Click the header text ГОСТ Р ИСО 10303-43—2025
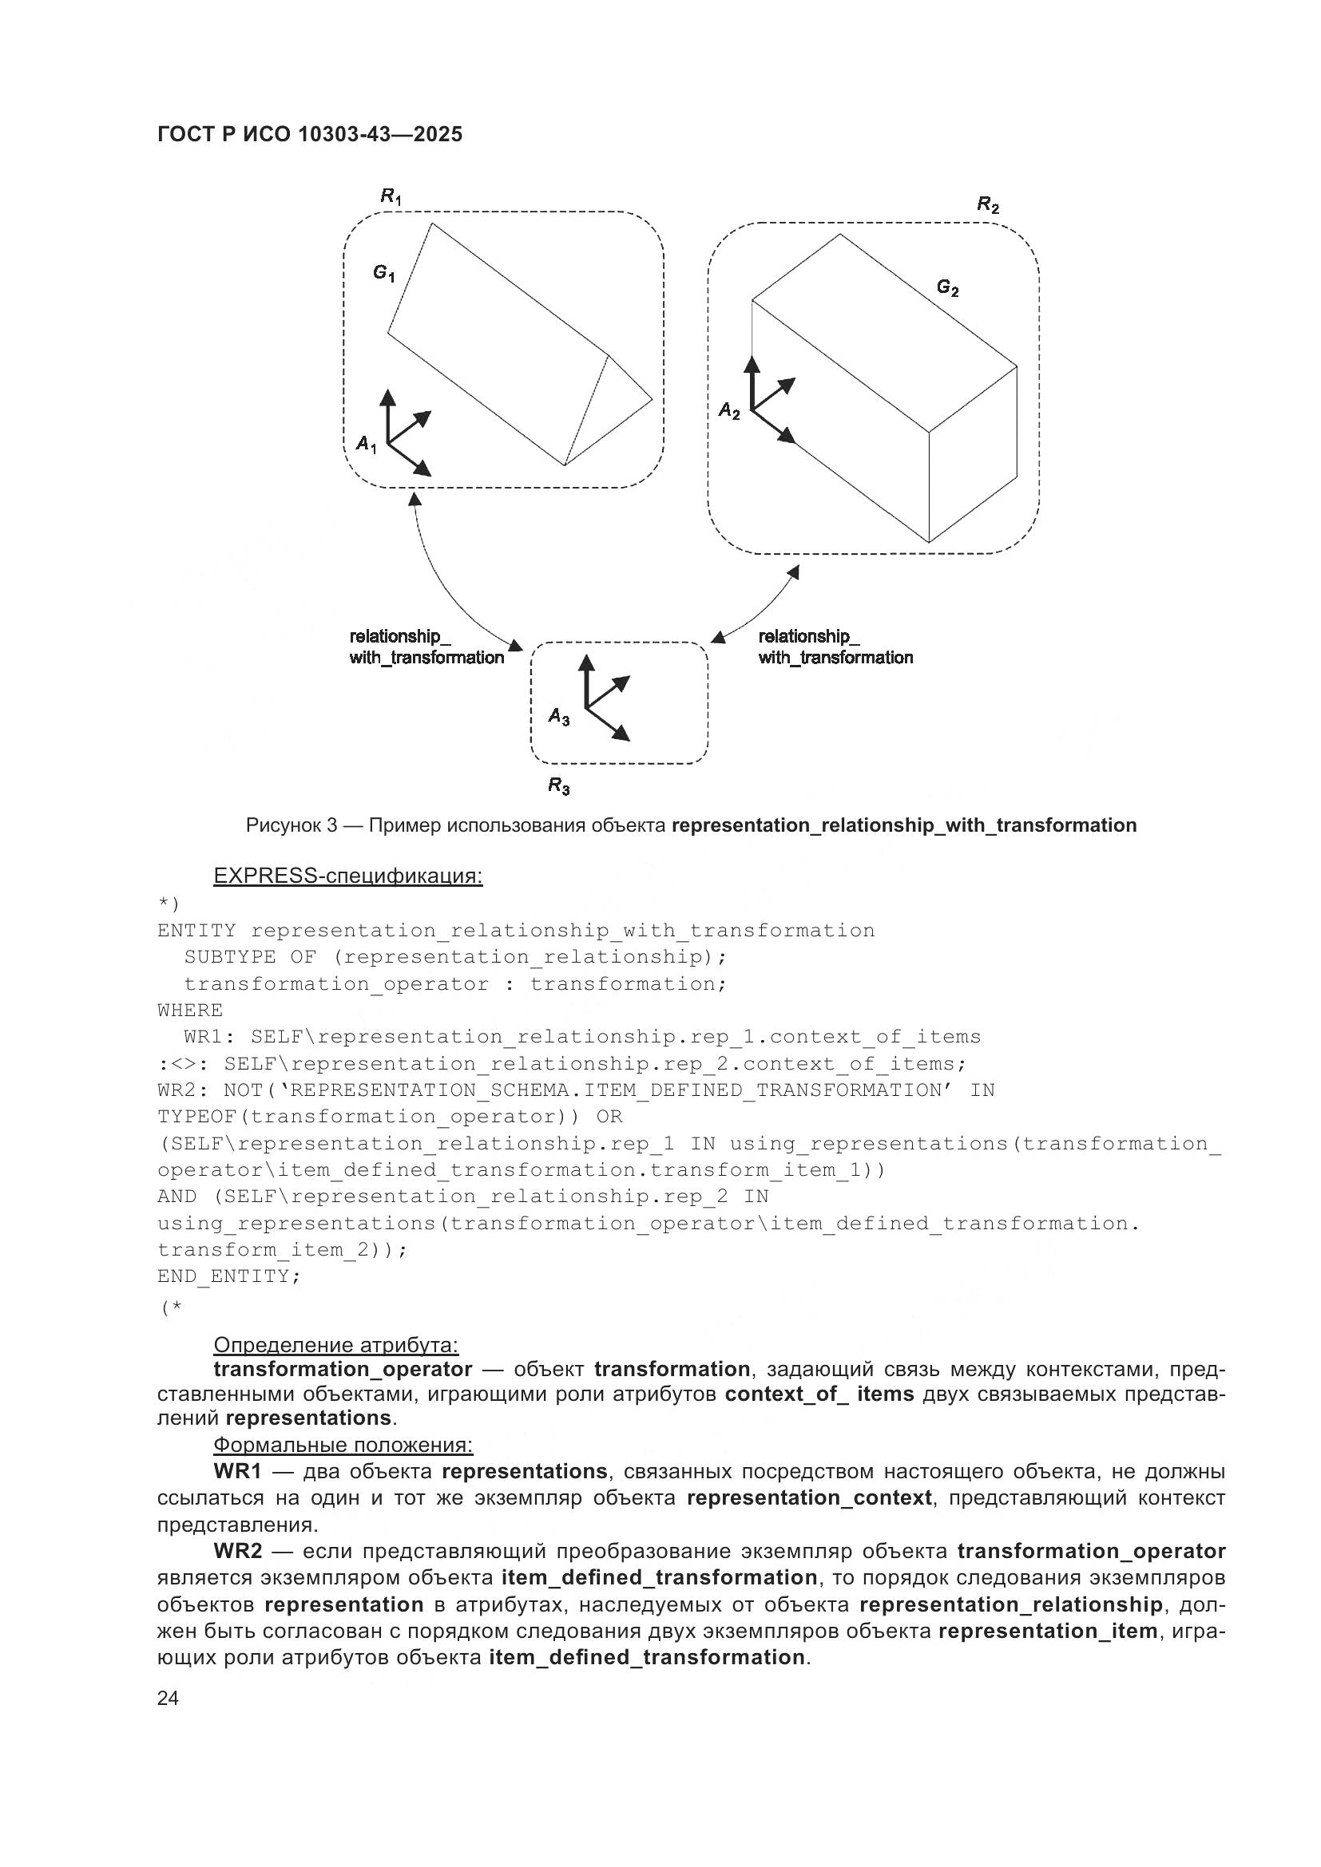[x=309, y=135]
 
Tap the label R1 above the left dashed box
[x=391, y=196]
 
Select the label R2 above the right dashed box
[x=987, y=205]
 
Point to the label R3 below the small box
[x=558, y=785]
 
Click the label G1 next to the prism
[x=384, y=273]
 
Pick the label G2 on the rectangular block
[x=947, y=287]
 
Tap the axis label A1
[x=366, y=444]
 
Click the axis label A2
[x=729, y=411]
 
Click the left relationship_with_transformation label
[x=426, y=647]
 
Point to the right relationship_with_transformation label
[x=835, y=647]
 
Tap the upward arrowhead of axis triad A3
[x=585, y=663]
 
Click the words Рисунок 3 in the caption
[x=292, y=825]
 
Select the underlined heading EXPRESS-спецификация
[x=347, y=876]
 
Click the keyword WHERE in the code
[x=189, y=1010]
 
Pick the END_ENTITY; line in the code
[x=228, y=1276]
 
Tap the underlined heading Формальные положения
[x=343, y=1445]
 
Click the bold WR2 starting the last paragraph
[x=237, y=1551]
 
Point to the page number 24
[x=168, y=1699]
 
